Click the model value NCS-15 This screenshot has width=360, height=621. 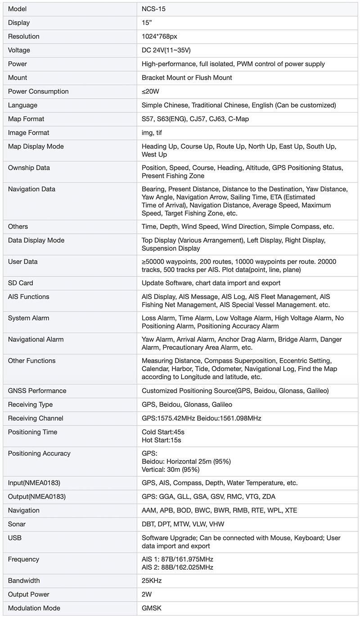[x=153, y=9]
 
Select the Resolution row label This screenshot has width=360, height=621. [x=23, y=36]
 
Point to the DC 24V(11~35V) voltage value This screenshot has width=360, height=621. [x=169, y=50]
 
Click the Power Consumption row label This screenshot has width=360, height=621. [x=38, y=91]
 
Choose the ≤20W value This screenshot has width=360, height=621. [x=150, y=91]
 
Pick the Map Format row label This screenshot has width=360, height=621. [x=26, y=119]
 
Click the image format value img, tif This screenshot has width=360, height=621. [x=152, y=133]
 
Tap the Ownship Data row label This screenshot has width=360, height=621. [x=29, y=168]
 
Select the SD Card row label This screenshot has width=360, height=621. [x=20, y=283]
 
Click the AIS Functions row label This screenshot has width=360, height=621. [x=28, y=297]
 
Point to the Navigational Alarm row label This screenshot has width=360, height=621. [x=36, y=340]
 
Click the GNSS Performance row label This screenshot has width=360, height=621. [x=37, y=391]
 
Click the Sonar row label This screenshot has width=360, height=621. [x=17, y=524]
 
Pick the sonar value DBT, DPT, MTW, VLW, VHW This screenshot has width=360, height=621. [x=183, y=524]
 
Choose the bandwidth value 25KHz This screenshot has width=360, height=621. [x=152, y=581]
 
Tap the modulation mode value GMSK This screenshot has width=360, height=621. [x=151, y=608]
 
